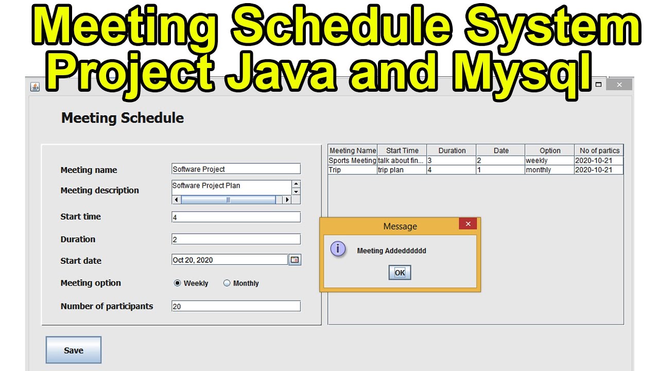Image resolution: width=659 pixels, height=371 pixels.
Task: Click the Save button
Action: coord(73,350)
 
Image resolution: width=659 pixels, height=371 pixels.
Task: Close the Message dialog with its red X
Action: coord(467,224)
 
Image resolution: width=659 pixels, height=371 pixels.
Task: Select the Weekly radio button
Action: coord(178,283)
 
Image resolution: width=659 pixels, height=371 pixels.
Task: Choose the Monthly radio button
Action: coord(227,283)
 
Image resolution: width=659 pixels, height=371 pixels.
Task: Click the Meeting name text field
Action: coord(236,169)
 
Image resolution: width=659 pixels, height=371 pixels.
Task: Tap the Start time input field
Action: coord(236,217)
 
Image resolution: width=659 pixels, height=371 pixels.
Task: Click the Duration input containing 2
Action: coord(236,239)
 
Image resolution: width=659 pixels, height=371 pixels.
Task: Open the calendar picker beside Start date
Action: coord(294,260)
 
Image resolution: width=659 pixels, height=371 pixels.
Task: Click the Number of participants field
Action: coord(236,306)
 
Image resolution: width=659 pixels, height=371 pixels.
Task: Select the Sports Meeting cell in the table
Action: coord(352,161)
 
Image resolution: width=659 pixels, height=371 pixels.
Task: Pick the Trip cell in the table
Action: coord(352,170)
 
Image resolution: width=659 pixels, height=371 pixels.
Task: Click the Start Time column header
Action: coord(402,150)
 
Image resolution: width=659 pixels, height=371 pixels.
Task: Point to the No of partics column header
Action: coord(599,150)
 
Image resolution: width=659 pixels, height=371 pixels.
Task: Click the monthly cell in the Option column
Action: coord(549,170)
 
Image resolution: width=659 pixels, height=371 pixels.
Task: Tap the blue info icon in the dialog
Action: coord(338,249)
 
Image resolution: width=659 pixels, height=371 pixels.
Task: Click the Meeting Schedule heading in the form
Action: coord(123,118)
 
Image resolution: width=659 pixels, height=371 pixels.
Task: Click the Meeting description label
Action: coord(100,190)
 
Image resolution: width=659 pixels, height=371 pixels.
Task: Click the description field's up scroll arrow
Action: coord(296,184)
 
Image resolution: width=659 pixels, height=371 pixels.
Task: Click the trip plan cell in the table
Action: coord(402,170)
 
